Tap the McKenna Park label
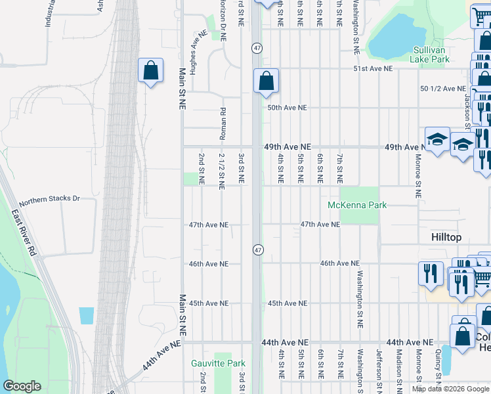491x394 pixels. click(358, 206)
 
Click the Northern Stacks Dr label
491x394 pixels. click(49, 198)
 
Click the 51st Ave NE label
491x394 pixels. click(372, 68)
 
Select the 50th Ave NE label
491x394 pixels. click(287, 108)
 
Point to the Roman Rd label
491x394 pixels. click(223, 120)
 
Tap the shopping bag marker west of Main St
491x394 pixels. click(150, 71)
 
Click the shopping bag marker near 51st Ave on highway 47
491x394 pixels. click(267, 81)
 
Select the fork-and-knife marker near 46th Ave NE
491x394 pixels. click(430, 272)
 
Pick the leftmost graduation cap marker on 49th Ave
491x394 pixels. click(437, 139)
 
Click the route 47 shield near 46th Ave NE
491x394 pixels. click(258, 250)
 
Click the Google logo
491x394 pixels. click(22, 386)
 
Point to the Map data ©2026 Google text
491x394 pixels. click(450, 389)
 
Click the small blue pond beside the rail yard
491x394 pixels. click(86, 315)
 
